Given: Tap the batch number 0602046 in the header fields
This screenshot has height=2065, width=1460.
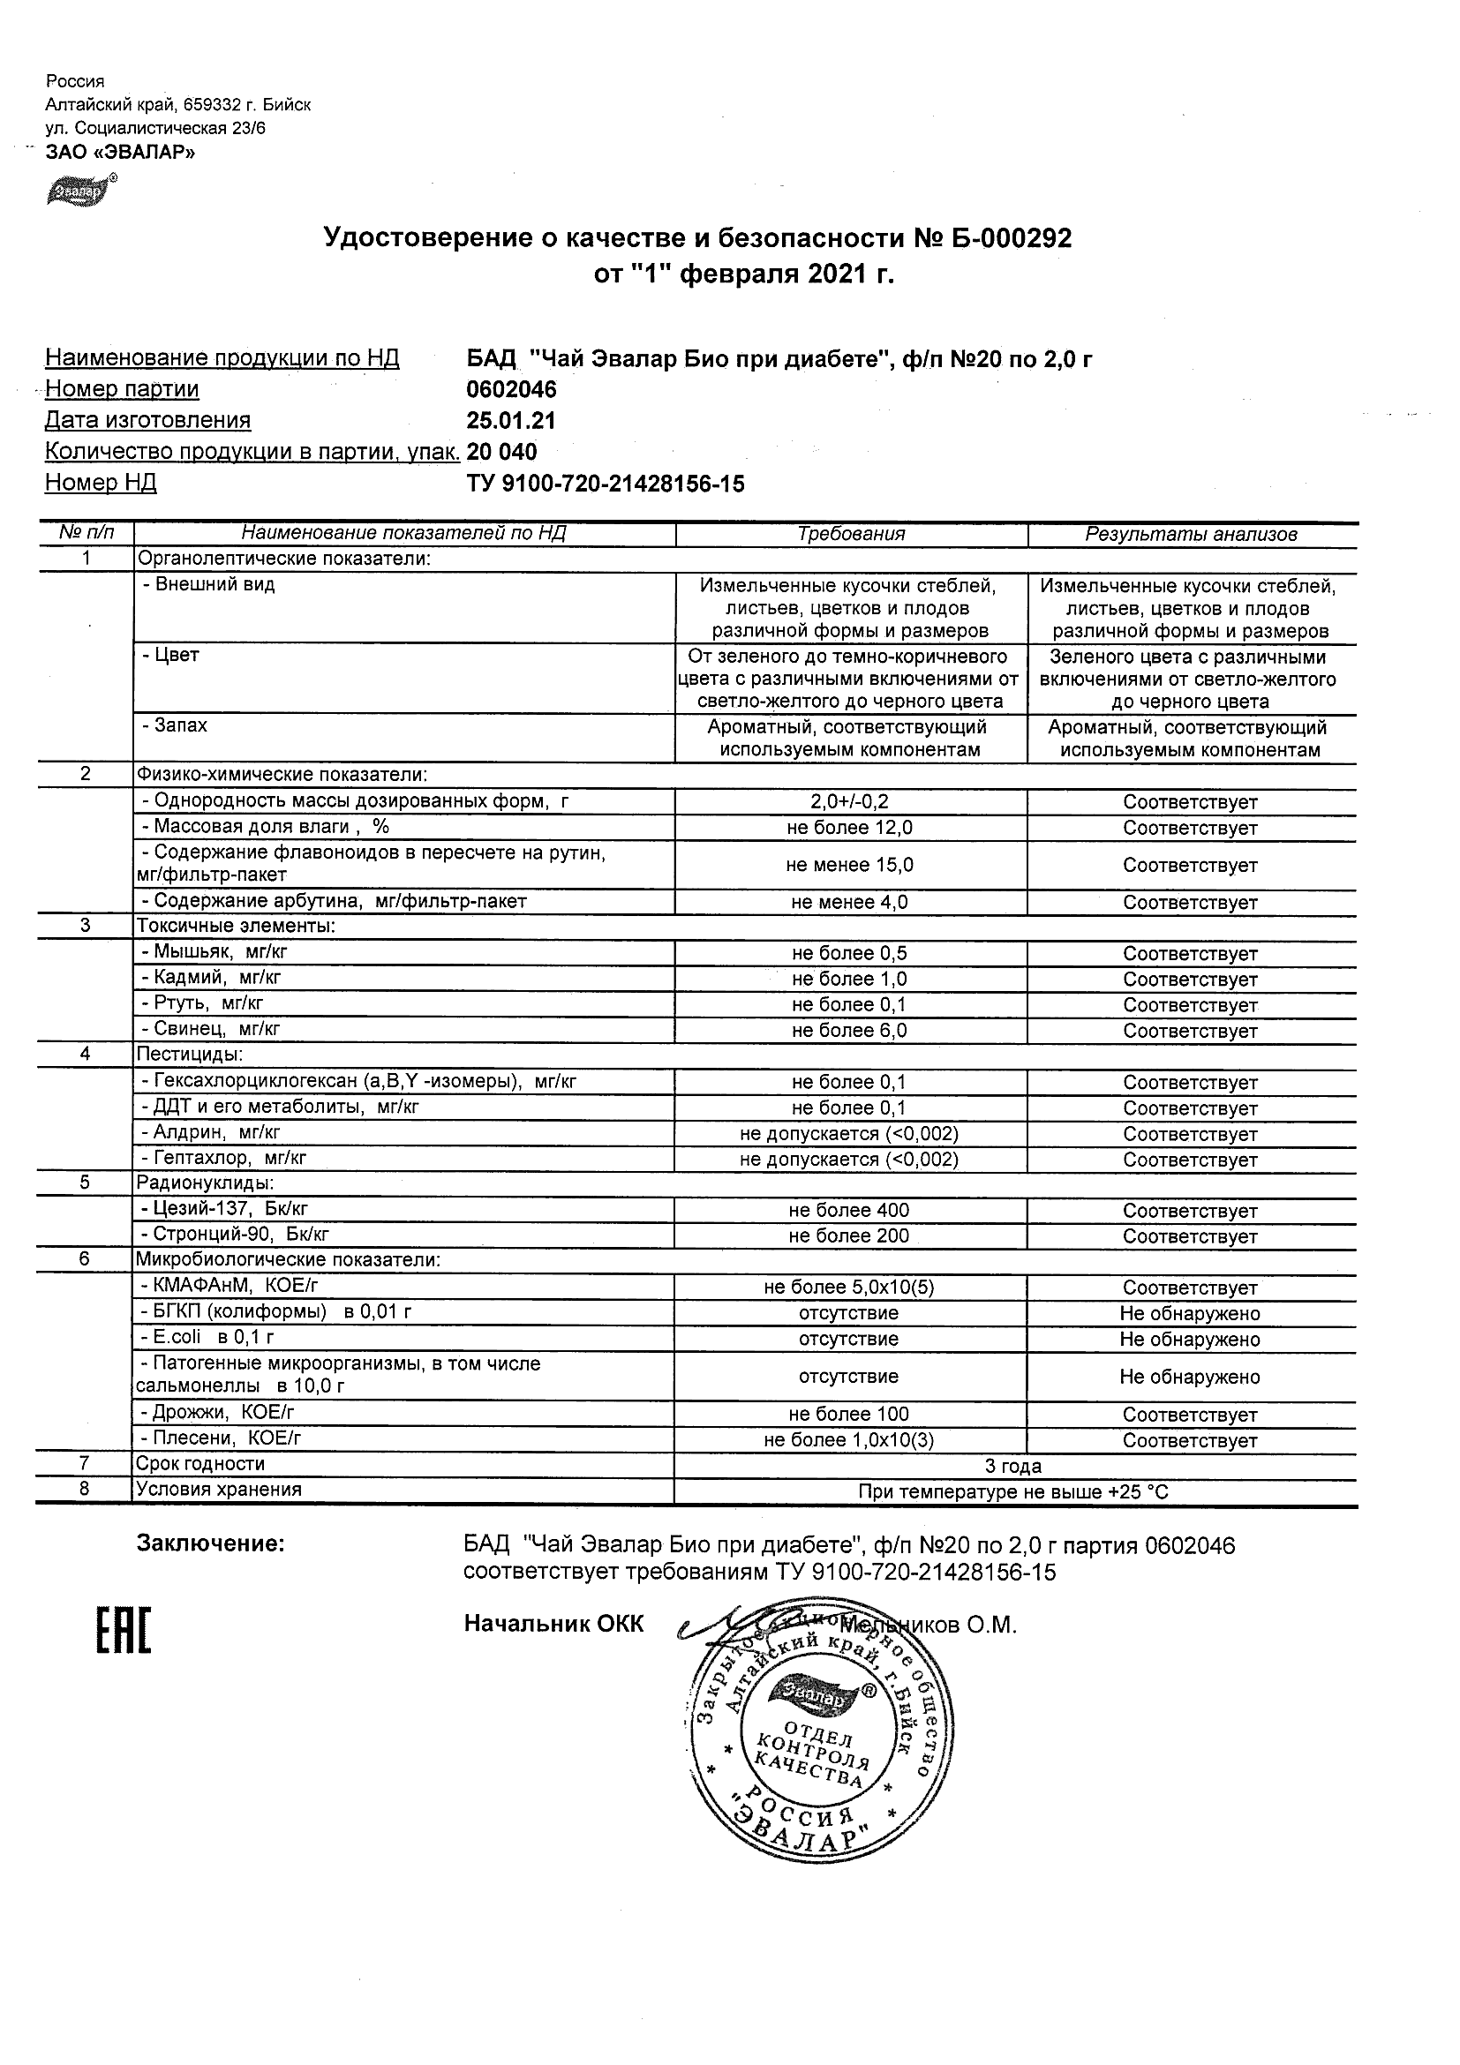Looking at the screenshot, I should point(511,389).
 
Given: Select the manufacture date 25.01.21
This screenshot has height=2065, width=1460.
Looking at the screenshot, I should point(511,421).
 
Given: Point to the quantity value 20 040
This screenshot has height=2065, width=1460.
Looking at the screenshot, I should point(502,452).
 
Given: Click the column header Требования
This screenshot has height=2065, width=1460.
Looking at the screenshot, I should point(850,534).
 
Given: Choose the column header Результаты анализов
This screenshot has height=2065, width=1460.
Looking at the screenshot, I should point(1190,534).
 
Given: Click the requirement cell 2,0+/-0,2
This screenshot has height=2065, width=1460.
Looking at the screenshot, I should point(850,802).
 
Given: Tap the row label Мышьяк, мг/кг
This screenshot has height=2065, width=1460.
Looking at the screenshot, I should point(215,951).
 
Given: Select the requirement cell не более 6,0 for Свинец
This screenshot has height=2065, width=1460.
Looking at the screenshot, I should point(850,1031).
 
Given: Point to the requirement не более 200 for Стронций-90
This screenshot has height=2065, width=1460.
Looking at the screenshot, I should point(850,1235).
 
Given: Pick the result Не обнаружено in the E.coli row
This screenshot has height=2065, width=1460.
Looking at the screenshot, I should point(1190,1340).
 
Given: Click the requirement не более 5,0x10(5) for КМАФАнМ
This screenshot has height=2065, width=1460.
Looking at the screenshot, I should point(850,1288).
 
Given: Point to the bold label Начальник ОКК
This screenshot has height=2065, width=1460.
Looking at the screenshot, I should point(554,1624).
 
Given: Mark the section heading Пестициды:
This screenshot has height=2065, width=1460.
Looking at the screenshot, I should point(190,1054).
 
